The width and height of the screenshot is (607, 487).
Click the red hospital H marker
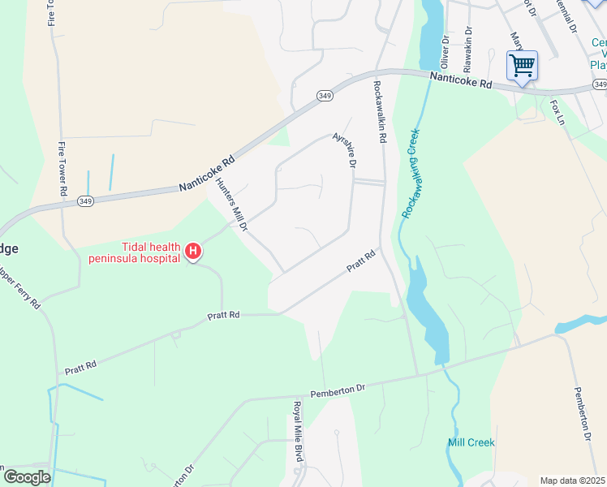coord(193,252)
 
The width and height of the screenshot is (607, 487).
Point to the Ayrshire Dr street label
coord(345,150)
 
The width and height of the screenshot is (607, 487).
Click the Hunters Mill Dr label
coord(232,205)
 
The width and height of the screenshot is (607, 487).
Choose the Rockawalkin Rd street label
coord(378,111)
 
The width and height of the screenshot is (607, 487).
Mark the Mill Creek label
coord(471,442)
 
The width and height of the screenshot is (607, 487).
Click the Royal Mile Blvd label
coord(298,431)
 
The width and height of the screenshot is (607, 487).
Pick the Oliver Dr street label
coord(445,51)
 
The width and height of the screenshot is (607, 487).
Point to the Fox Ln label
coord(557,112)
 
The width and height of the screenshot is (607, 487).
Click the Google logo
coord(27,477)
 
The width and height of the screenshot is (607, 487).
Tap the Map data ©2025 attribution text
coord(572,481)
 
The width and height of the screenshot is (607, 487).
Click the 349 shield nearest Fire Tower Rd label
coord(84,200)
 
